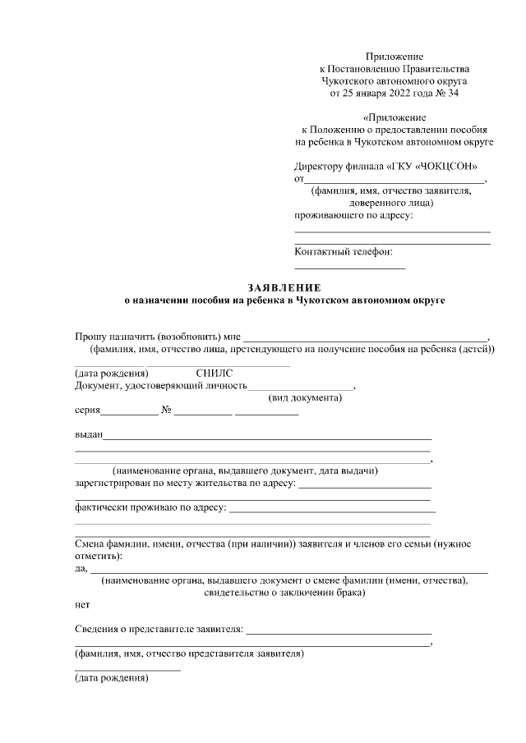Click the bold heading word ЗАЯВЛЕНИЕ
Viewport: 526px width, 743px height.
pyautogui.click(x=284, y=288)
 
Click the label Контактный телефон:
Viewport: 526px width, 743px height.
pyautogui.click(x=344, y=251)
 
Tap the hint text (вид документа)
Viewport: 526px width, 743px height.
pyautogui.click(x=305, y=398)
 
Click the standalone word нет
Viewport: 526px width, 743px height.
pyautogui.click(x=82, y=605)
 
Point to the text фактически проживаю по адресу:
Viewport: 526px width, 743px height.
pyautogui.click(x=150, y=508)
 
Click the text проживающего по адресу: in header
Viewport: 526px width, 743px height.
pyautogui.click(x=353, y=216)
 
